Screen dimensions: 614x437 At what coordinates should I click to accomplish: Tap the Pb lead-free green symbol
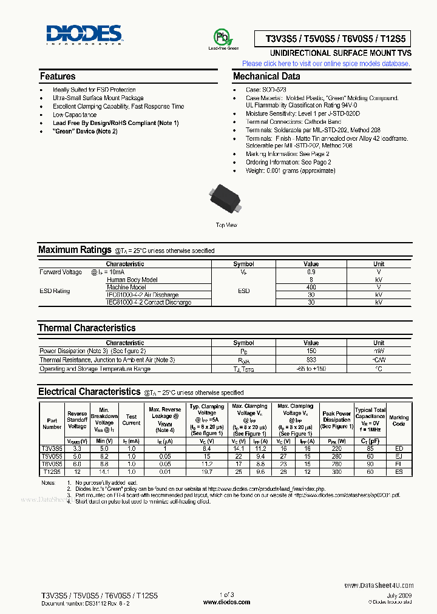[x=223, y=37]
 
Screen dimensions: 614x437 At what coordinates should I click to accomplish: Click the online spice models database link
[x=326, y=63]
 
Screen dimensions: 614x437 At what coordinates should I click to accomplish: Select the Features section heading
[x=58, y=76]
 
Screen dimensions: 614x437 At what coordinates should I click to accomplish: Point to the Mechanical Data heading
[x=266, y=76]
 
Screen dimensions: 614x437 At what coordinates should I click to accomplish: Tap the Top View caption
[x=226, y=225]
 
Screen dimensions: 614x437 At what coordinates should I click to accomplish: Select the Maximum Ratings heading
[x=67, y=250]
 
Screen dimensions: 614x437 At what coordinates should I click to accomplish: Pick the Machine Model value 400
[x=311, y=287]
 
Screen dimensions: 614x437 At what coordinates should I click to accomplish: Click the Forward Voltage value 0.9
[x=311, y=272]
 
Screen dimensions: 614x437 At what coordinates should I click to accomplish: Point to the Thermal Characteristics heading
[x=87, y=328]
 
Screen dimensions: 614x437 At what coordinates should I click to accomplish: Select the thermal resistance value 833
[x=311, y=360]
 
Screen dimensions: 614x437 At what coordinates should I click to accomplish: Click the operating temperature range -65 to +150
[x=311, y=368]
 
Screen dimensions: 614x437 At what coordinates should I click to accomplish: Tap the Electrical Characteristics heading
[x=89, y=392]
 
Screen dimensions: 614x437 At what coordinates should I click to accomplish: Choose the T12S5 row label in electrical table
[x=52, y=471]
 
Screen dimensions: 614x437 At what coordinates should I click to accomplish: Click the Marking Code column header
[x=399, y=420]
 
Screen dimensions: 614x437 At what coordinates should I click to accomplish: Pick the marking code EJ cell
[x=399, y=456]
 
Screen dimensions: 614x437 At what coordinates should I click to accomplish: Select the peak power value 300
[x=336, y=471]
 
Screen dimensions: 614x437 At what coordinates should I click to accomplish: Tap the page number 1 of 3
[x=226, y=596]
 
